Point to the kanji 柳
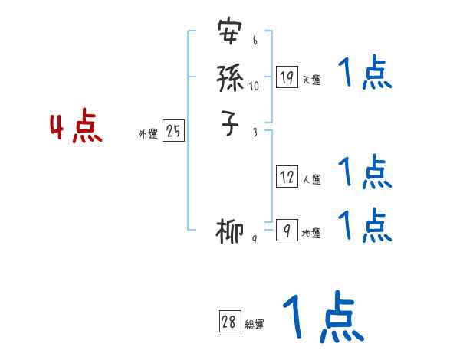coord(231,231)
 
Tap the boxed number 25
coord(173,132)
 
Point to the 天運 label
coord(311,80)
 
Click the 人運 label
coord(311,180)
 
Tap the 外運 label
coord(148,134)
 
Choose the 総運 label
coord(255,325)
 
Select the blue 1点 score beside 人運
coord(364,172)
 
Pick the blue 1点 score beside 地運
coord(364,224)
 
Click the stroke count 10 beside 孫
coord(254,86)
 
